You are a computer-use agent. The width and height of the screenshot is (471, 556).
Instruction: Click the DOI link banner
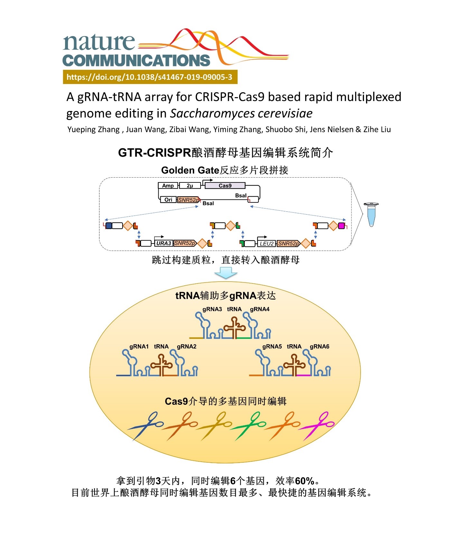pos(150,77)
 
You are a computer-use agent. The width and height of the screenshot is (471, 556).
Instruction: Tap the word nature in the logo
pos(99,42)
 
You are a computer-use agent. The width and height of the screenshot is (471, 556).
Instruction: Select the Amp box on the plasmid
pos(168,186)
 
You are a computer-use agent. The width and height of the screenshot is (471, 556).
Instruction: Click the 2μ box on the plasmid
pos(190,186)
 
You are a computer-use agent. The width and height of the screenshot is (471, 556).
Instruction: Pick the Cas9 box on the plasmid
pos(225,186)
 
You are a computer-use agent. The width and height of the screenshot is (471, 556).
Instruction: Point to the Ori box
pos(168,200)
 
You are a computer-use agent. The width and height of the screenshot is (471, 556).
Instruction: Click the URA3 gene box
pos(164,243)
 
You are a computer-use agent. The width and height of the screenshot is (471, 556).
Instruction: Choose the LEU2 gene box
pos(267,244)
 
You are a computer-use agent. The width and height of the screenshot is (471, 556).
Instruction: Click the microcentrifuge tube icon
pos(371,214)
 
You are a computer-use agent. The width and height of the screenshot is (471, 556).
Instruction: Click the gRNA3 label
pos(212,309)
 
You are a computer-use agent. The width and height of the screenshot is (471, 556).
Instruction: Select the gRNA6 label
pos(319,347)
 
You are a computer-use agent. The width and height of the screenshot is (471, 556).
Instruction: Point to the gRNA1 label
pos(139,347)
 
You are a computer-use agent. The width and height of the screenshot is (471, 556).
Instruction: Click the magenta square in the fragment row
pos(341,226)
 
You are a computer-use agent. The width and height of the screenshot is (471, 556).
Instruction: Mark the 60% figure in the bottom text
pos(304,481)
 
